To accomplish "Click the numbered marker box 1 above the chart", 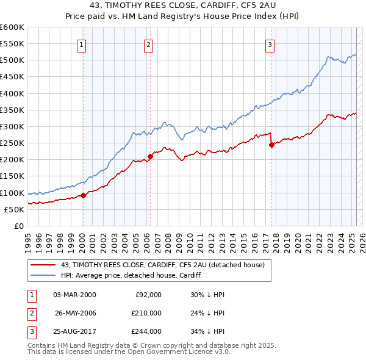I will tap(82, 44).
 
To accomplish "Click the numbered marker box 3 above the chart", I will tap(270, 44).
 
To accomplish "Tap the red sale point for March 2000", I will tap(83, 195).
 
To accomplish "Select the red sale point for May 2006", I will tap(150, 156).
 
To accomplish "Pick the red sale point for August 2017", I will tap(271, 145).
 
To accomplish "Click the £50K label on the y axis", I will tap(15, 209).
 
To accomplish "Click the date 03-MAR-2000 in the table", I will tap(74, 294).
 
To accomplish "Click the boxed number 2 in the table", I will tap(30, 313).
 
